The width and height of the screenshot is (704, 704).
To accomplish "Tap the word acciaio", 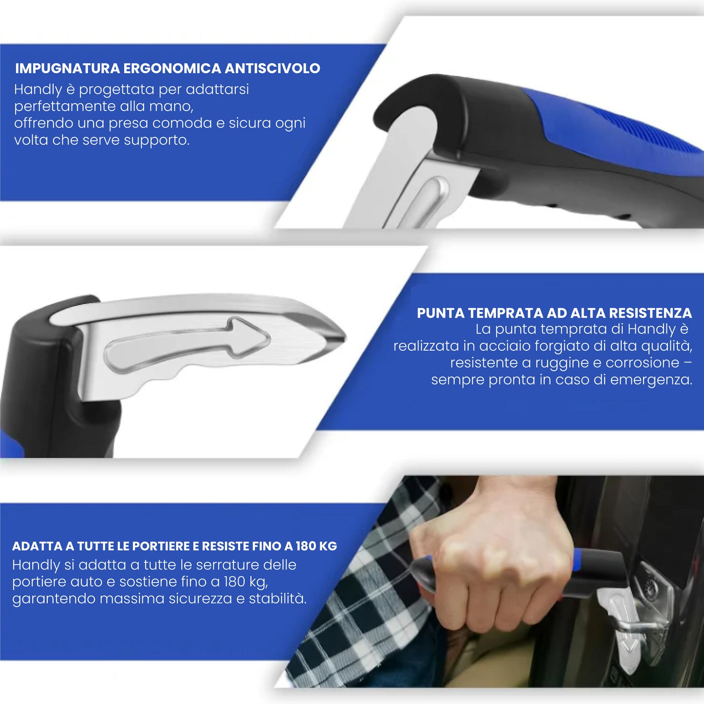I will [x=503, y=346].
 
